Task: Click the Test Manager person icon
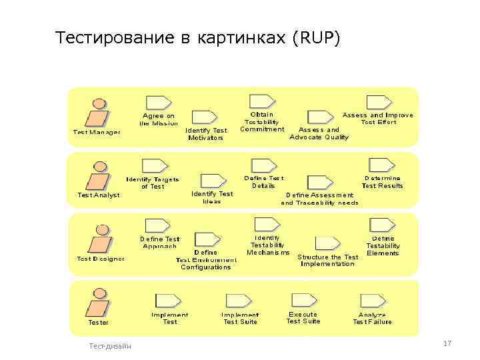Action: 97,113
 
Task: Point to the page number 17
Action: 447,343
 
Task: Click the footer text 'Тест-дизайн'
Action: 110,345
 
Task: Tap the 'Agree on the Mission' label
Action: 159,119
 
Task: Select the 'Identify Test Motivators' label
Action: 206,133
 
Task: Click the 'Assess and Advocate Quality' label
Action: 319,133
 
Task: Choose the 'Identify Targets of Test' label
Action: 153,183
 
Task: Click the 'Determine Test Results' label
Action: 383,182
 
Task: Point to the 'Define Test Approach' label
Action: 160,242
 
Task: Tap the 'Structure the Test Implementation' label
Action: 328,260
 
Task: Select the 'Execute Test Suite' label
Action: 303,318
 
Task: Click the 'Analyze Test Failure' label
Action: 372,319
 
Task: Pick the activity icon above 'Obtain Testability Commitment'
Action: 261,101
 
